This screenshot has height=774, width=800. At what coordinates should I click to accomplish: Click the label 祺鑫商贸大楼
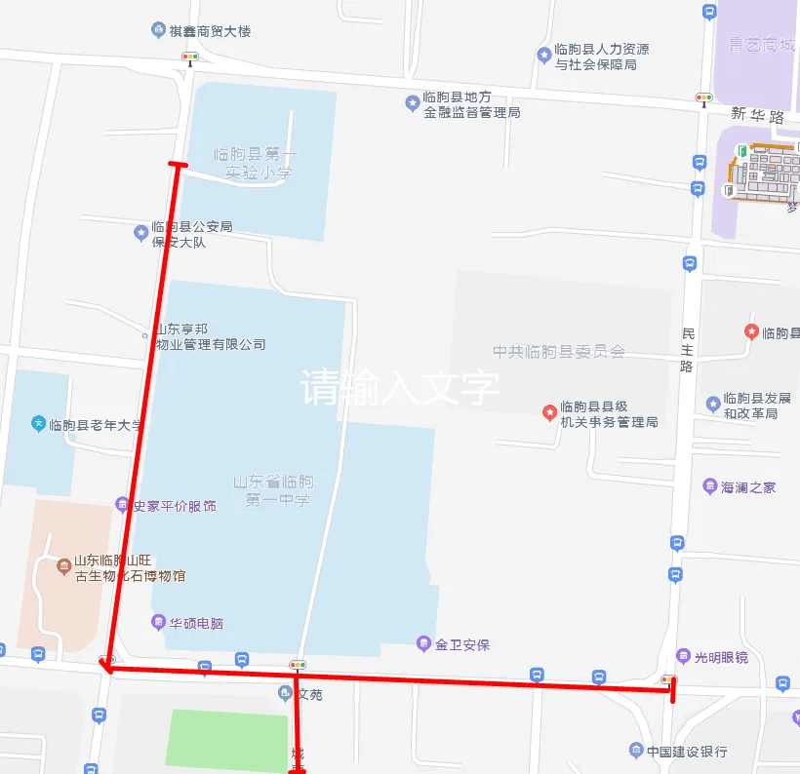210,31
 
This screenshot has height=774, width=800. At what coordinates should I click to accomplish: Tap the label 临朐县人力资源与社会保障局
602,57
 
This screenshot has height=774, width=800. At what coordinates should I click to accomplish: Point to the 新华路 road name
758,116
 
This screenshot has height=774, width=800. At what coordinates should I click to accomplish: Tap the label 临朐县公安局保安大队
192,234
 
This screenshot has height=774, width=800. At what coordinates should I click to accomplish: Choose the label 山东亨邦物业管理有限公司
209,337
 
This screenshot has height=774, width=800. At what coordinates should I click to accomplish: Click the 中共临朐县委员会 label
558,352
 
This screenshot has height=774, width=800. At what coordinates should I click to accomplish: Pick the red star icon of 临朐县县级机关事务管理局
549,413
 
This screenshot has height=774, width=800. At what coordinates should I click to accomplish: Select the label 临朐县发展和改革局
756,406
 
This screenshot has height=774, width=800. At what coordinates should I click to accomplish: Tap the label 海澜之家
748,486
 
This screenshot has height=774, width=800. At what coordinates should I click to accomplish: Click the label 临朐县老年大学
95,425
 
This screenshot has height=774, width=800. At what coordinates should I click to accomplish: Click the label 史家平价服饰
174,506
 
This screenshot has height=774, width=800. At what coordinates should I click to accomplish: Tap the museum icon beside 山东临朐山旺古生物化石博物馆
63,563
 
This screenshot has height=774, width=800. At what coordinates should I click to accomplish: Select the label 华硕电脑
195,623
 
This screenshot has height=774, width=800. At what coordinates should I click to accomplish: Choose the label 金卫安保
461,644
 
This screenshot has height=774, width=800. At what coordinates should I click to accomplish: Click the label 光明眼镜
720,657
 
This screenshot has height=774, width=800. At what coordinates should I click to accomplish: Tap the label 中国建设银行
688,752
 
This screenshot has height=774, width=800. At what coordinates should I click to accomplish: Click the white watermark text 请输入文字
400,387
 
